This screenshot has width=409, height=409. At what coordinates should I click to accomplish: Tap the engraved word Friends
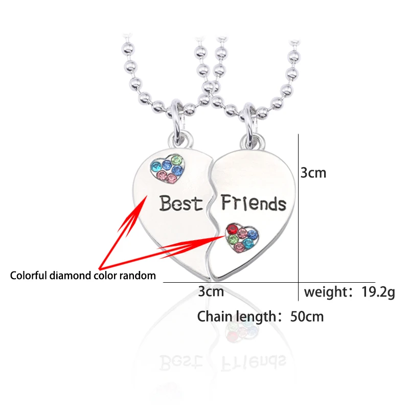(x=254, y=203)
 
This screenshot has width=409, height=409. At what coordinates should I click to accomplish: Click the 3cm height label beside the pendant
(x=313, y=173)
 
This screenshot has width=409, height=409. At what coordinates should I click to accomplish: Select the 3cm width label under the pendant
(x=211, y=292)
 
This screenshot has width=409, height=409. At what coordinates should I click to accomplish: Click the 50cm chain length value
(x=307, y=316)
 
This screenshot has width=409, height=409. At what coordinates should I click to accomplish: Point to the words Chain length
(x=236, y=316)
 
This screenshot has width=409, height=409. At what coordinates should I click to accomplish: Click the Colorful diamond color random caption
(x=83, y=276)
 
